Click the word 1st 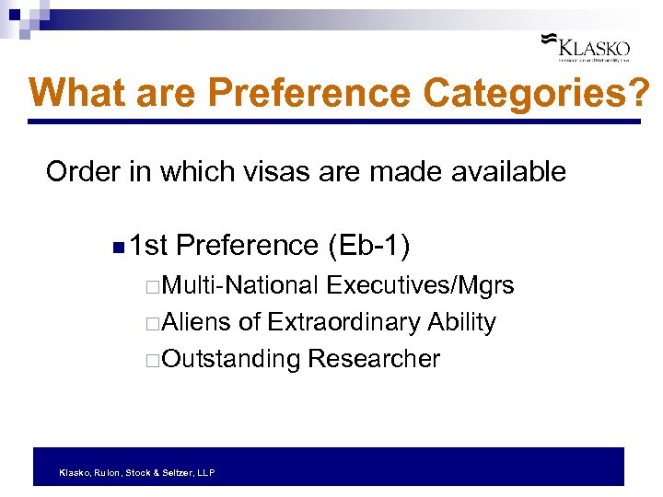(148, 246)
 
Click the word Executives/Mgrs (421, 286)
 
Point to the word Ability (461, 322)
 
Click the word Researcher (374, 358)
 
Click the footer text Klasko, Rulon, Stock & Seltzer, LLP (136, 472)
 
